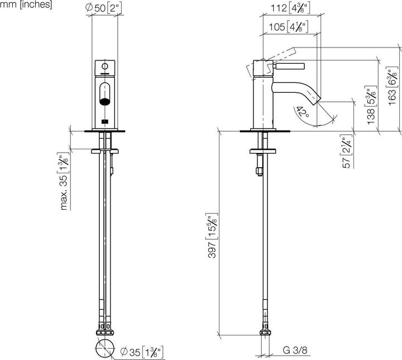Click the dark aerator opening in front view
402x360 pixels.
[x=104, y=102]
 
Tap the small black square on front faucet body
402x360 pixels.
[x=104, y=121]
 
